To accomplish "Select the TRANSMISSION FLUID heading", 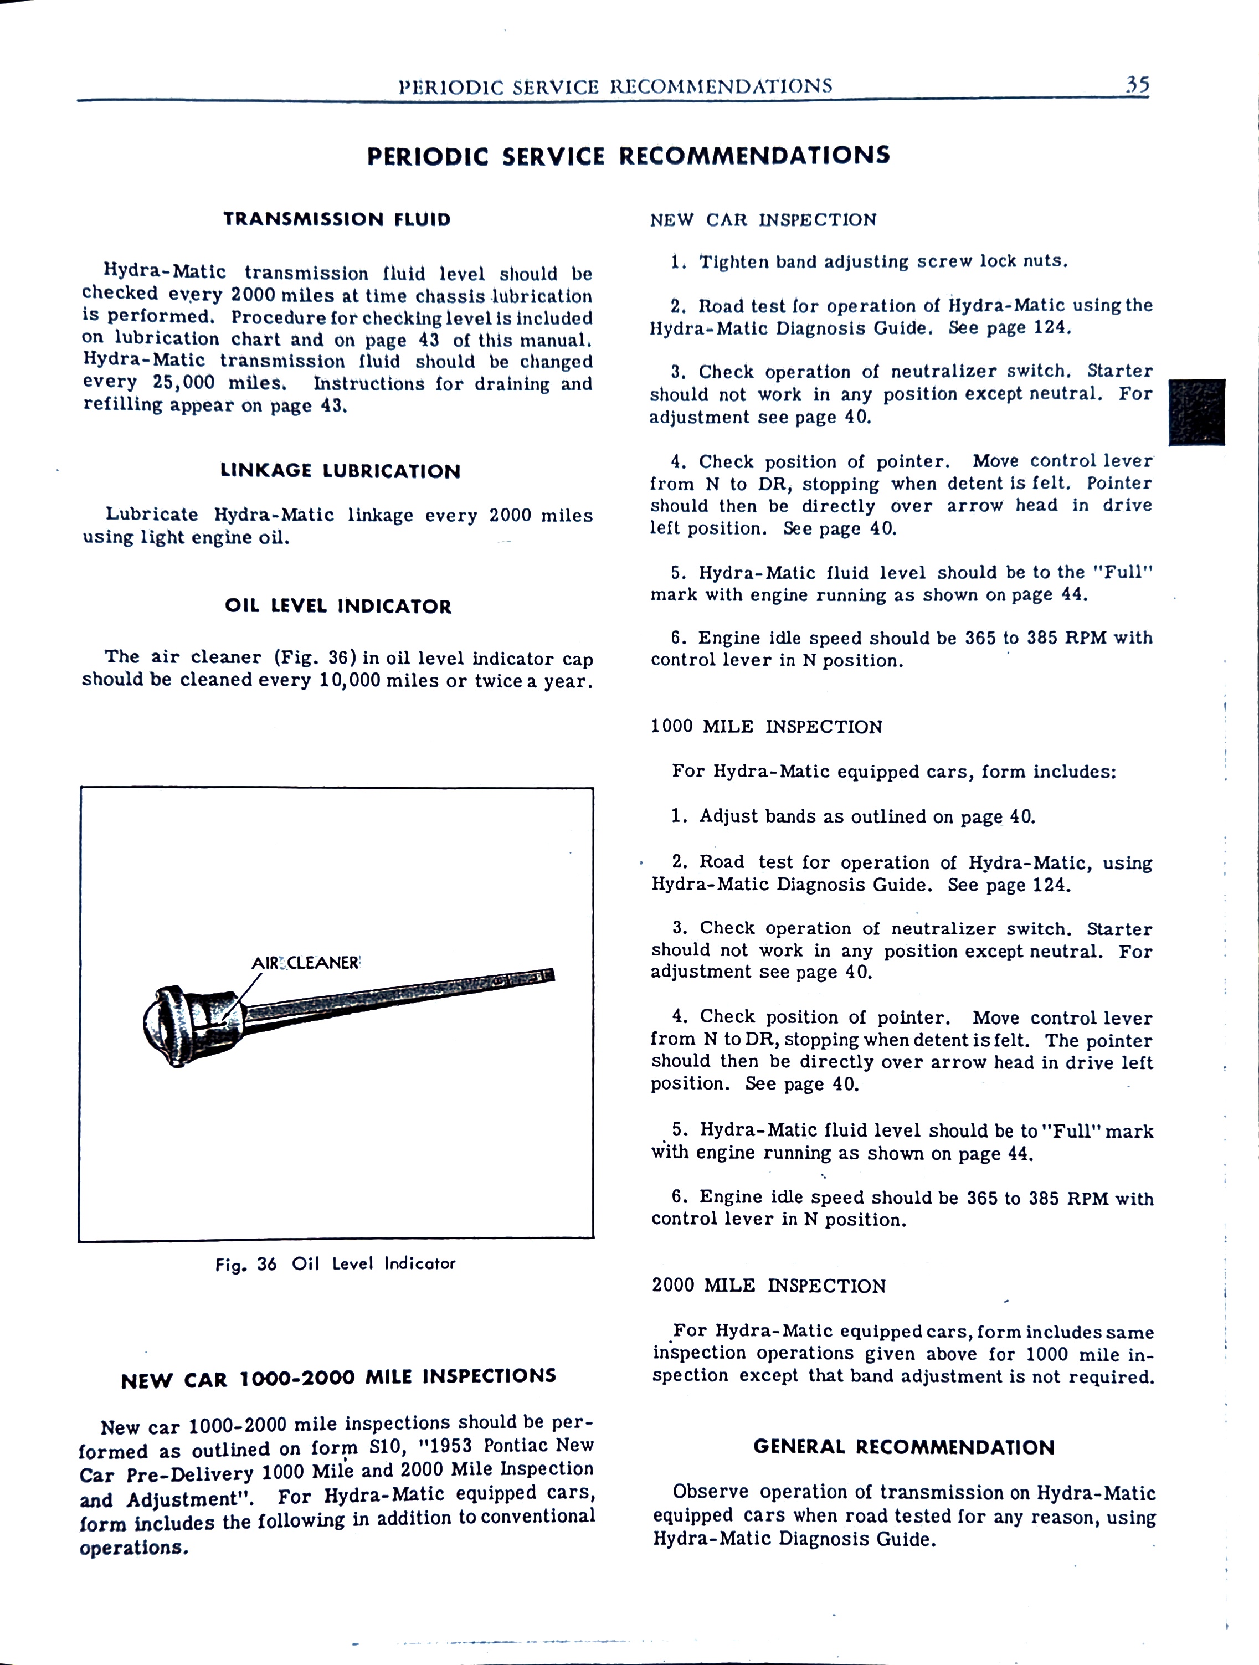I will (337, 220).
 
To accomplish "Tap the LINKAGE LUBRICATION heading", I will (340, 471).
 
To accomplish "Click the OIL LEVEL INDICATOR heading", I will (338, 607).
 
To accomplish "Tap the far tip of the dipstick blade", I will (549, 975).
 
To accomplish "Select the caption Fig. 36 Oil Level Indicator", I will (336, 1264).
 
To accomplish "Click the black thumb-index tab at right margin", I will (1196, 413).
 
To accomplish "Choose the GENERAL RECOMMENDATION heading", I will (904, 1447).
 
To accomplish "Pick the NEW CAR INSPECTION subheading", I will (763, 220).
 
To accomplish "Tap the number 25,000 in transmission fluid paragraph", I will (184, 383).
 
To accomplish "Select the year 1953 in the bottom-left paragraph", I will (449, 1447).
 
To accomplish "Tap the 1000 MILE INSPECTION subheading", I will (766, 727).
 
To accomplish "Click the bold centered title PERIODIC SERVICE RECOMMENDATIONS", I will (628, 156).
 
